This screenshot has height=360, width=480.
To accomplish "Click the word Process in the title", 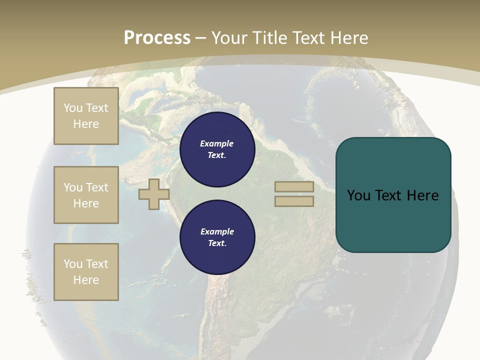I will click(157, 38).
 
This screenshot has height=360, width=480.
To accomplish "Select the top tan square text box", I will click(86, 116).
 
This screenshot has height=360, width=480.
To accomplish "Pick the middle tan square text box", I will click(86, 195).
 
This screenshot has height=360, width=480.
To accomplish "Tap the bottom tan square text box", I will click(86, 272).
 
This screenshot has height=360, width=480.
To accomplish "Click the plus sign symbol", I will click(153, 194).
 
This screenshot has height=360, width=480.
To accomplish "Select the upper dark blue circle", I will click(217, 149).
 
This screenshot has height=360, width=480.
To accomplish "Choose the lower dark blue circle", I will click(217, 237).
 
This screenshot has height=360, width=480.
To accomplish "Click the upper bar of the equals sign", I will click(294, 186).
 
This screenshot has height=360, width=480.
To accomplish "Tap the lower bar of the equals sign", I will click(294, 201).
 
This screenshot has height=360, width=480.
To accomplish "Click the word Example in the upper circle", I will click(217, 143).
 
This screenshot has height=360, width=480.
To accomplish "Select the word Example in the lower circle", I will click(217, 231).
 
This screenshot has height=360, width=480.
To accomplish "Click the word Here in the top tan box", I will click(86, 124).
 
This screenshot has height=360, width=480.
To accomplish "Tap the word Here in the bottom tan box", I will click(86, 280).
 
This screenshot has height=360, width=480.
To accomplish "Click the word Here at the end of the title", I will click(348, 38).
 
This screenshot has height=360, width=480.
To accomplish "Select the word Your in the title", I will click(230, 38).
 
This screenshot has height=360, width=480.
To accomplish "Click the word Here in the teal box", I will click(423, 195).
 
